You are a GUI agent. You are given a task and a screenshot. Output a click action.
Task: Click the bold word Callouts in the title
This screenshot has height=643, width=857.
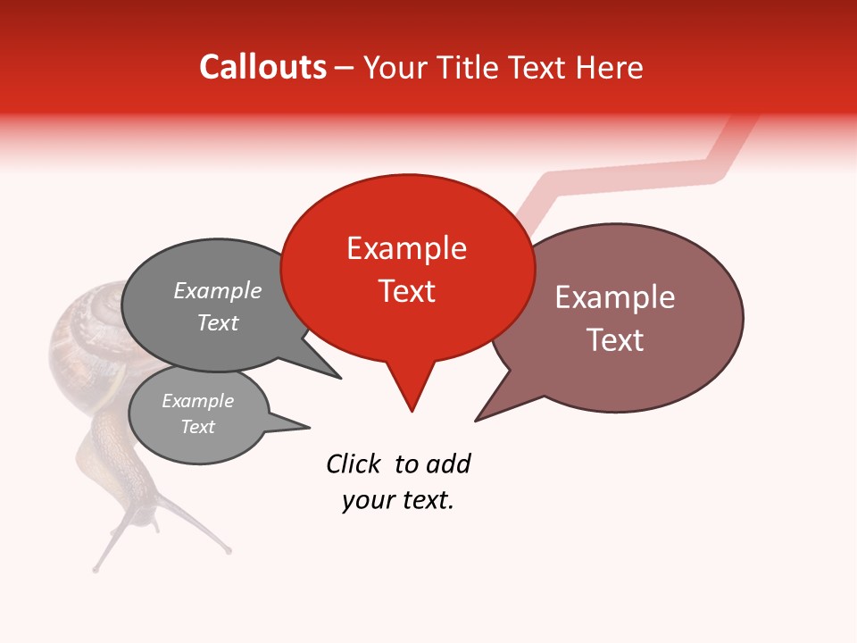[263, 67]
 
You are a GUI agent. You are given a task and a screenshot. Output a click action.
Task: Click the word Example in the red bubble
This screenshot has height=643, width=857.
[407, 248]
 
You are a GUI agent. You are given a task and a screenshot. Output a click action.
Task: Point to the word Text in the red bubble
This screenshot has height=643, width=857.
[407, 291]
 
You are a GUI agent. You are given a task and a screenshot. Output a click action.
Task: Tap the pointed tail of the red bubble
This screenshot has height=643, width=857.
[412, 409]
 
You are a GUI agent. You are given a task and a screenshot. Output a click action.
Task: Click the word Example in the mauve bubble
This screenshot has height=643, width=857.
[615, 297]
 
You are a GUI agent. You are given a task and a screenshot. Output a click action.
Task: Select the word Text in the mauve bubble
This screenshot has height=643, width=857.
[615, 340]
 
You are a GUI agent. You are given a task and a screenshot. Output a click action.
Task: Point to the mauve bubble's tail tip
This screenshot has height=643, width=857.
[477, 420]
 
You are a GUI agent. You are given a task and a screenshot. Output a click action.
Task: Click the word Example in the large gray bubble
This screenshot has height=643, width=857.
[218, 291]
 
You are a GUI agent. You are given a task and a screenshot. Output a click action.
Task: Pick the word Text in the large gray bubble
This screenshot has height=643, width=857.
[218, 322]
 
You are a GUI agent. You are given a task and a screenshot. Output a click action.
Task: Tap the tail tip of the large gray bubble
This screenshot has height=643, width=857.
[340, 378]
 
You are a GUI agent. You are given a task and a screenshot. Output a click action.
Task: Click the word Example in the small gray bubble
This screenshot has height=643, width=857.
[198, 401]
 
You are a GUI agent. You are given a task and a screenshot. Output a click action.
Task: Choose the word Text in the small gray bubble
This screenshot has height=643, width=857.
[198, 427]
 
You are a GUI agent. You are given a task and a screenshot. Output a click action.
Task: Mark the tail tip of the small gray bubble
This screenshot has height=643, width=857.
[308, 426]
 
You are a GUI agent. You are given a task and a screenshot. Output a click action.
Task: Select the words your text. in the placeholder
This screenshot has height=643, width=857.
[398, 500]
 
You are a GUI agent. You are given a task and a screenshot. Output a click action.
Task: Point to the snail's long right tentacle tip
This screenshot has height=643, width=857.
[229, 551]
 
